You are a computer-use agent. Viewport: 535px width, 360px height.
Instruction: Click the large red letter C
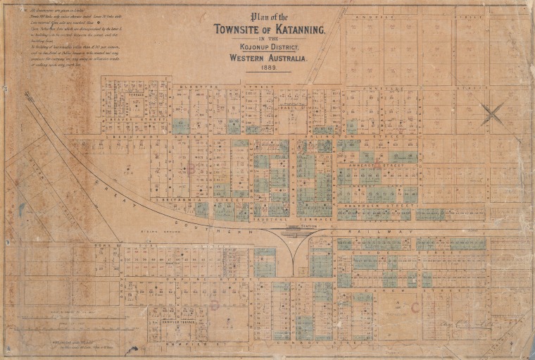(x=415, y=307)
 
